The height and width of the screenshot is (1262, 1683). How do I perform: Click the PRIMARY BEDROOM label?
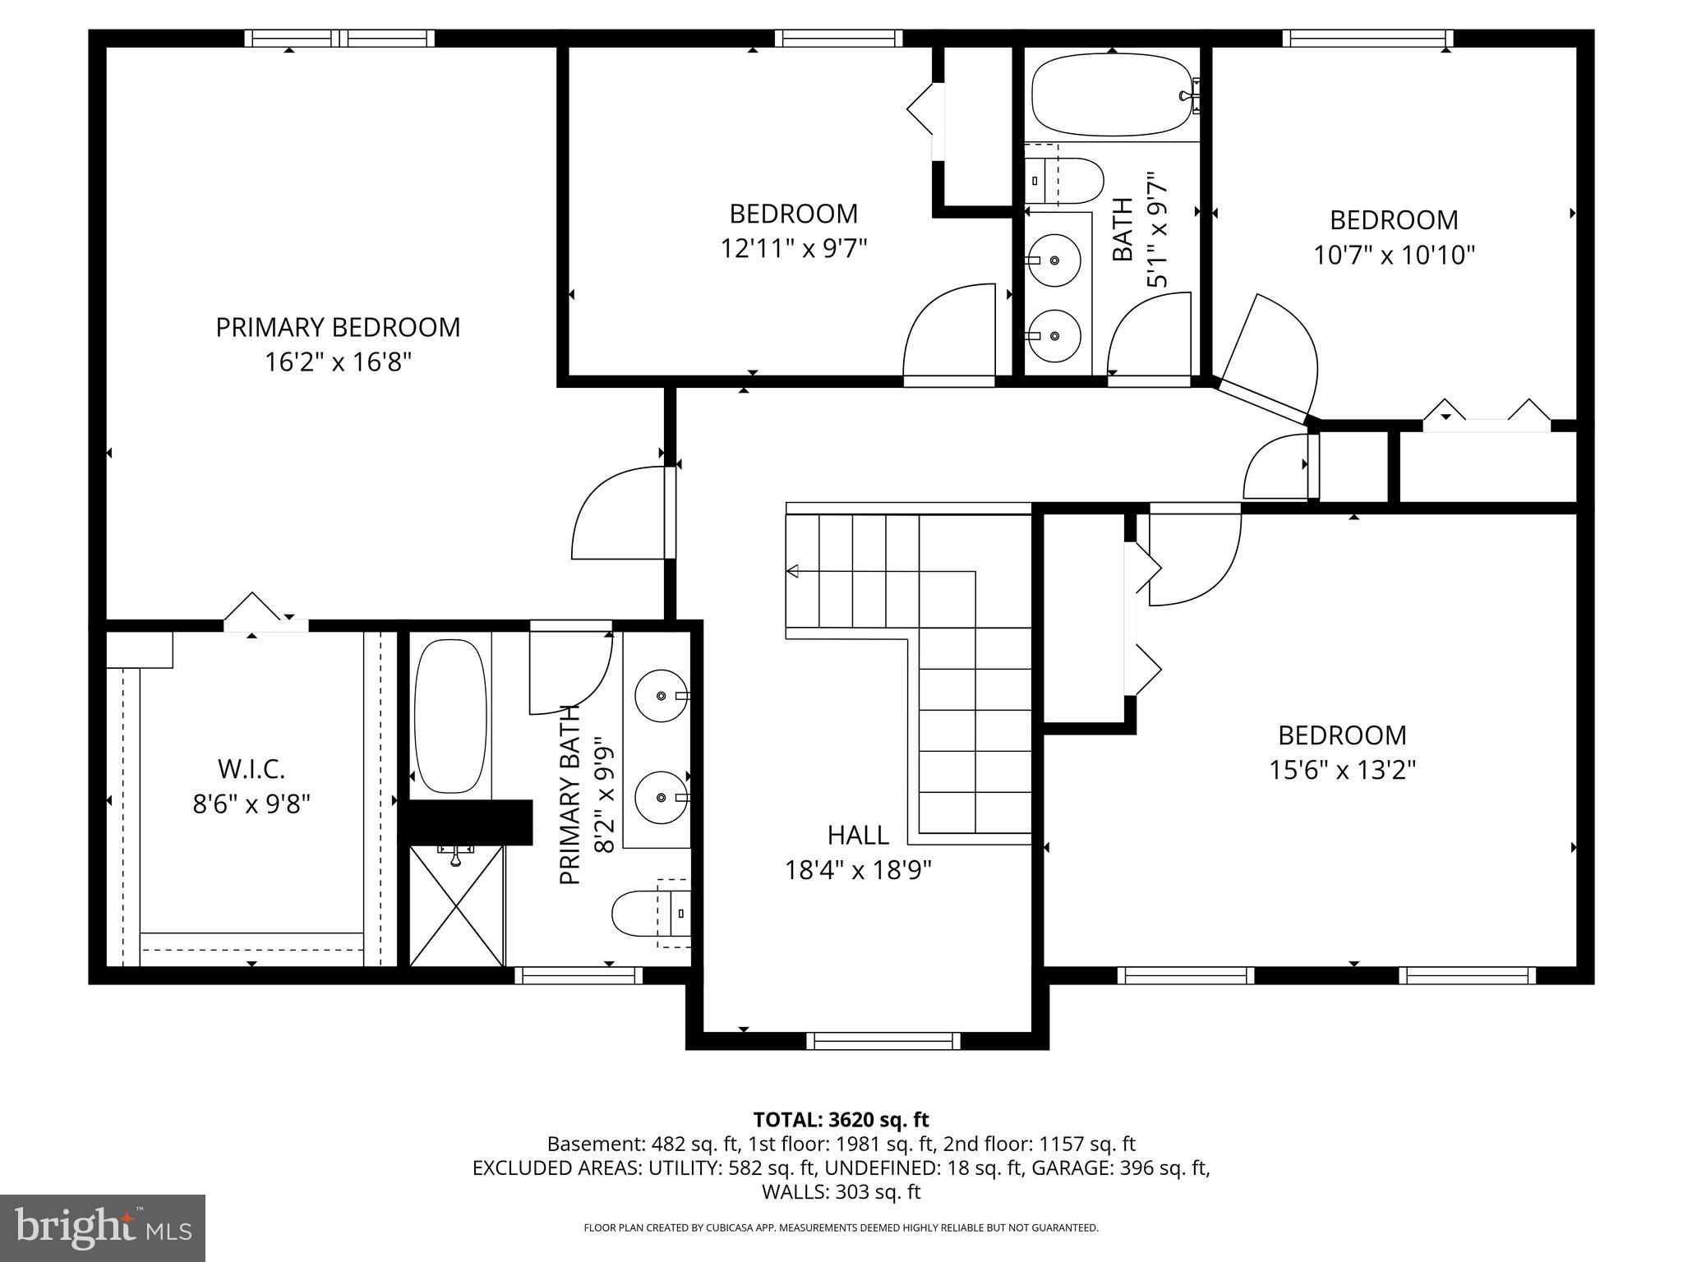pyautogui.click(x=338, y=327)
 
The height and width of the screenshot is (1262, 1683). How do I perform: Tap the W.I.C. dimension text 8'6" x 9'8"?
pyautogui.click(x=251, y=804)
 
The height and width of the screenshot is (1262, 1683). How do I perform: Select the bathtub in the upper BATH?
pyautogui.click(x=1111, y=94)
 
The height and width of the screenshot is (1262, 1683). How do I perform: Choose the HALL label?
pyautogui.click(x=857, y=835)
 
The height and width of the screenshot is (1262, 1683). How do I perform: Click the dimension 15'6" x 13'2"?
pyautogui.click(x=1342, y=770)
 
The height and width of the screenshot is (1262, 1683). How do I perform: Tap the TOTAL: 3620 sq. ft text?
pyautogui.click(x=841, y=1119)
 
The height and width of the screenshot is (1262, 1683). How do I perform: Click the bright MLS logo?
pyautogui.click(x=103, y=1228)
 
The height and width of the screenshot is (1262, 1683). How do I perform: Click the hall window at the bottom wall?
pyautogui.click(x=883, y=1041)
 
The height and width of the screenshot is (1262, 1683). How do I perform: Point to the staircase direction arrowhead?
pyautogui.click(x=793, y=571)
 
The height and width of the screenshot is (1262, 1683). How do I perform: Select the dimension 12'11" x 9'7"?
pyautogui.click(x=794, y=247)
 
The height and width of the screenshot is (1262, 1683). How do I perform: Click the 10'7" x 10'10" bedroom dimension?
pyautogui.click(x=1394, y=255)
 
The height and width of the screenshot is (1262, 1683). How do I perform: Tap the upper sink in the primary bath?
pyautogui.click(x=662, y=696)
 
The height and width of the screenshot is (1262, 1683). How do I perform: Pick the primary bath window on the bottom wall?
pyautogui.click(x=579, y=975)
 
